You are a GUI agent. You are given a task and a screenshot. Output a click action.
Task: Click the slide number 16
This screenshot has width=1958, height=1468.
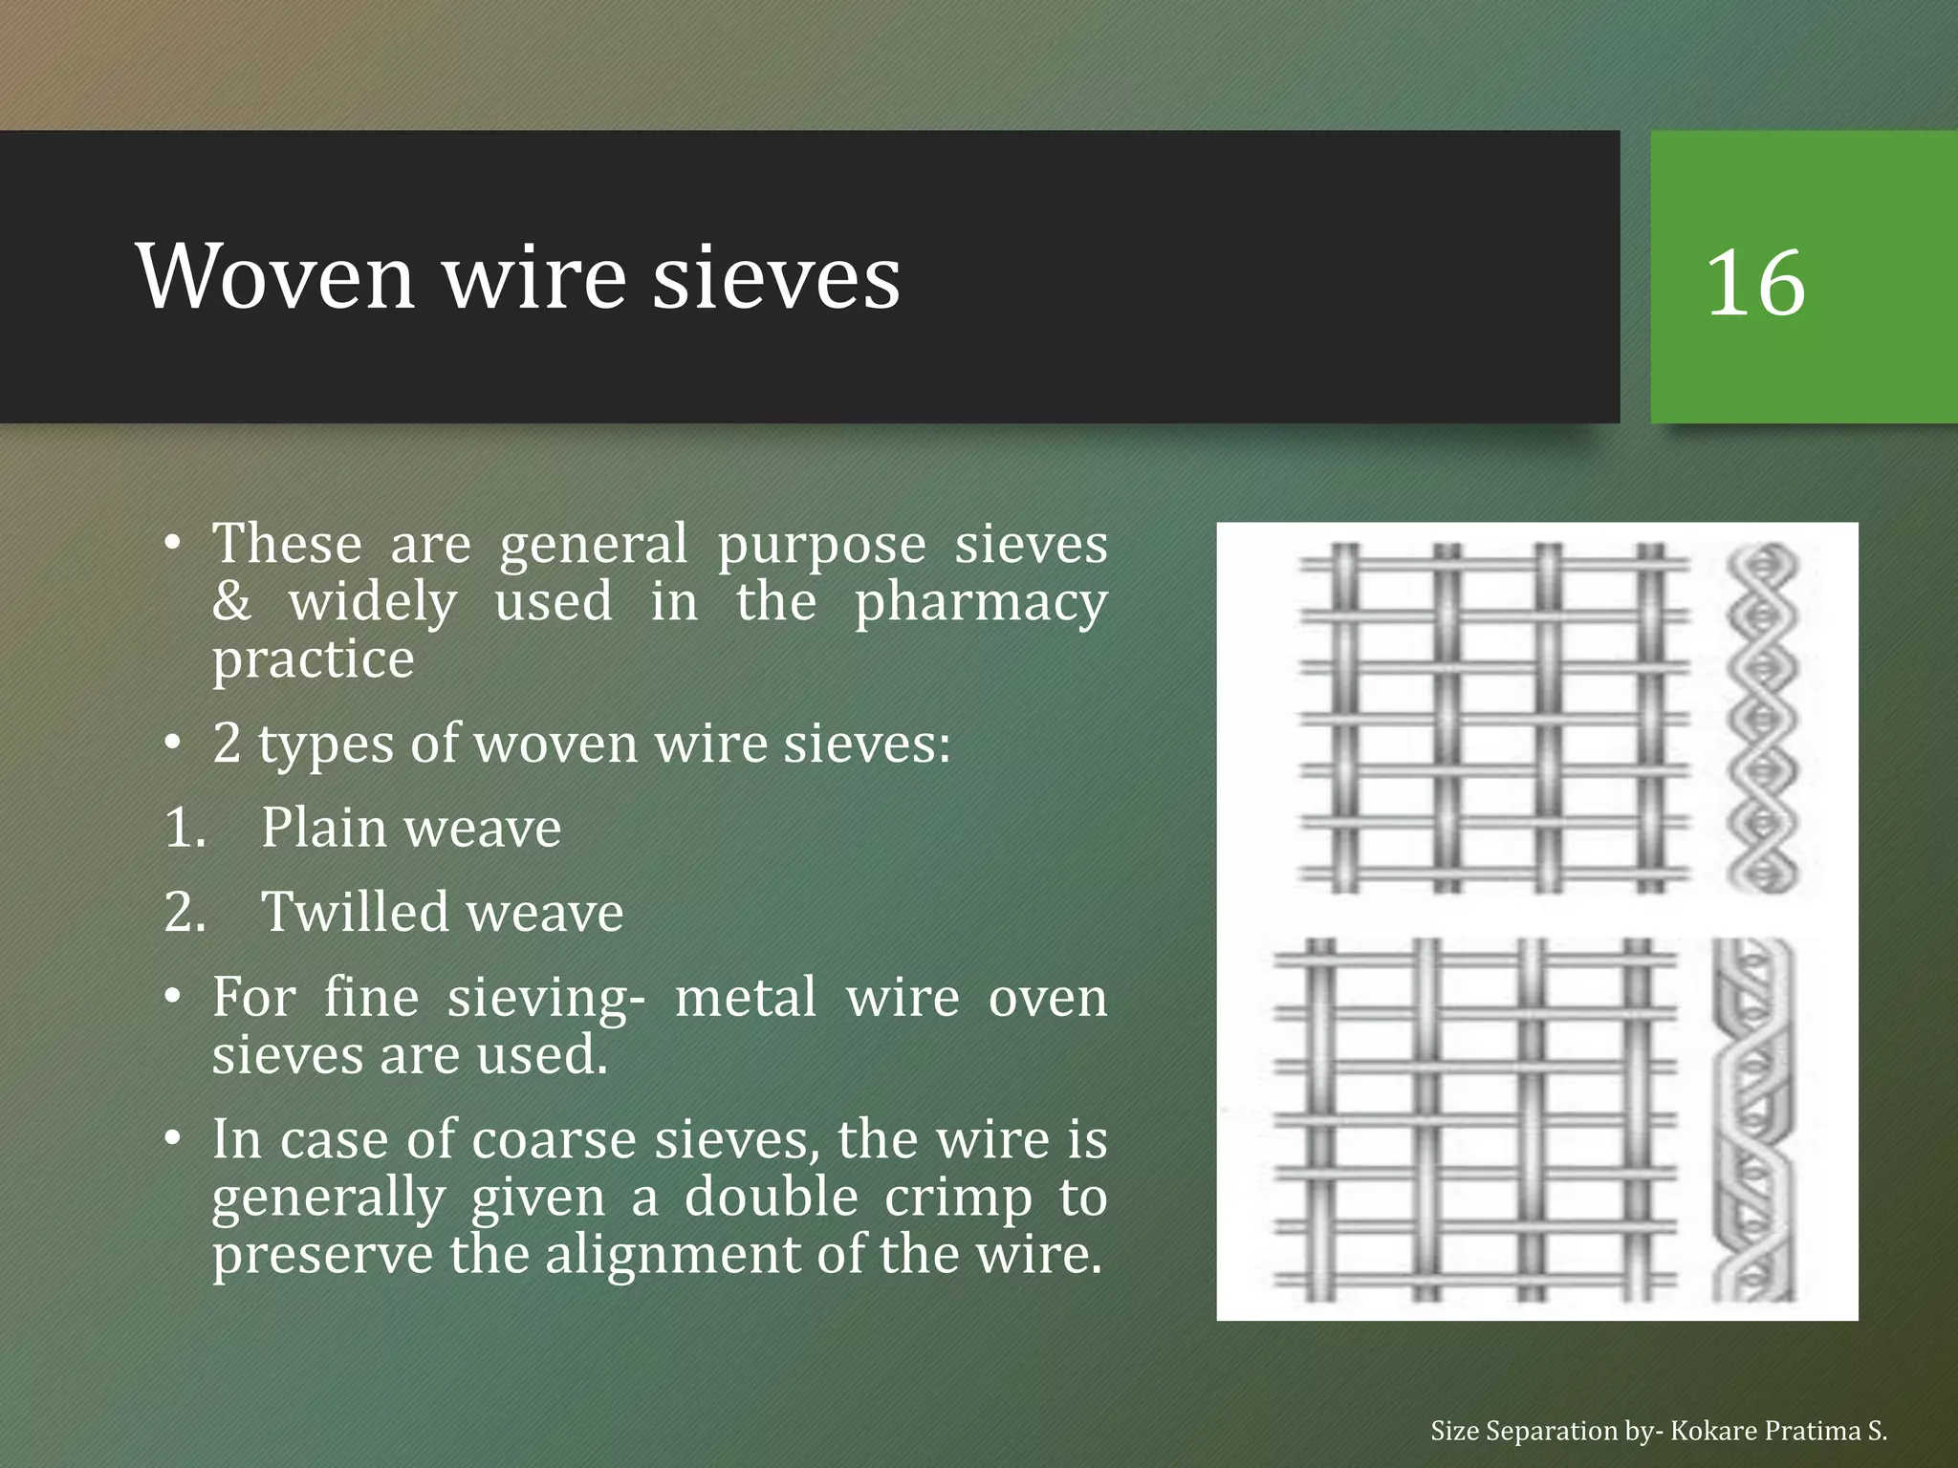pos(1755,283)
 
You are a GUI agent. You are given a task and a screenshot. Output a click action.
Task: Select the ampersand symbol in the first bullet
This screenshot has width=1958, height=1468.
pos(232,602)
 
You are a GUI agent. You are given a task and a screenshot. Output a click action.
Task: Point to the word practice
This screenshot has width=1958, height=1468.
pos(314,660)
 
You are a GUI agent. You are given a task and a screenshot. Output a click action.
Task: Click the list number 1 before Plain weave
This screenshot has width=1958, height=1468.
pos(185,828)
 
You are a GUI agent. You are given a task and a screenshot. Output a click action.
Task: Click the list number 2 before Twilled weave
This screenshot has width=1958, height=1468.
pos(185,912)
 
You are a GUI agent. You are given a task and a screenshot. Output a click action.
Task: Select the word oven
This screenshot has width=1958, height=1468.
pos(1047,998)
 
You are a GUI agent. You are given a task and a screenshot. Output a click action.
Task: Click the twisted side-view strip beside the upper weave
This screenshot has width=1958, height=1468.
pos(1763,718)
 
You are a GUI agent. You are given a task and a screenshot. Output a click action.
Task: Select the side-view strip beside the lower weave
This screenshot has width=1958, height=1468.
pos(1753,1119)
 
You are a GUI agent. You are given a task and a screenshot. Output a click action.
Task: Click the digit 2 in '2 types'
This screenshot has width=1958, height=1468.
pos(227,744)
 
